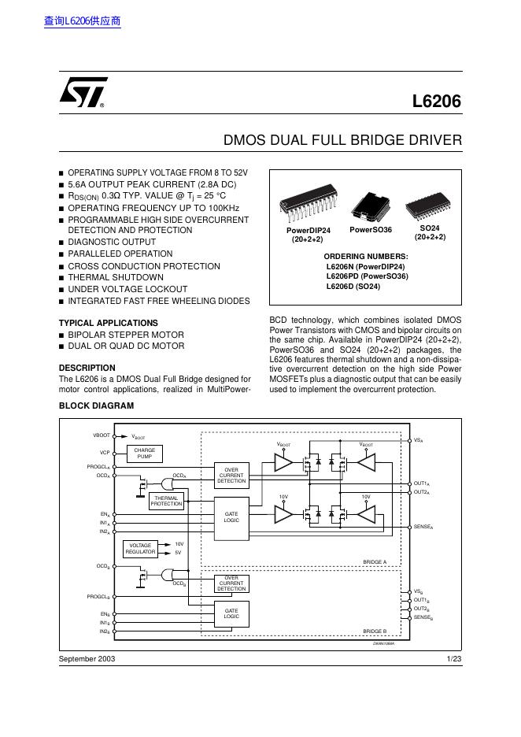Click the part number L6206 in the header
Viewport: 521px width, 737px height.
(x=437, y=102)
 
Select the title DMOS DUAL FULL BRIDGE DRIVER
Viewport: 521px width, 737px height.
(x=342, y=141)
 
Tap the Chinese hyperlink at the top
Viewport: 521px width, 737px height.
(x=83, y=21)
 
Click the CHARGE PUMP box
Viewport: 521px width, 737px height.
(x=144, y=454)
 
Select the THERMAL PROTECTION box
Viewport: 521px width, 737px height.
(x=166, y=501)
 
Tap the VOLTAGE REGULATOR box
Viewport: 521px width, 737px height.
(x=142, y=548)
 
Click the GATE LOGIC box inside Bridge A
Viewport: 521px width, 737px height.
(x=231, y=517)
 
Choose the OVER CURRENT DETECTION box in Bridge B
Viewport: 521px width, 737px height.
(x=231, y=583)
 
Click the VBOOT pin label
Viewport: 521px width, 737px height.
(x=102, y=435)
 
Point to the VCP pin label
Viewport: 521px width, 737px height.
(x=105, y=453)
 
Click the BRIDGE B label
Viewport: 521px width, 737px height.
(x=375, y=631)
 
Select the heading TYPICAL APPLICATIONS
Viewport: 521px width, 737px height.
(x=109, y=323)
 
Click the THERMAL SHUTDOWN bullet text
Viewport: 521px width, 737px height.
(x=115, y=277)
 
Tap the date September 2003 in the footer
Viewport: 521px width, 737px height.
(x=87, y=658)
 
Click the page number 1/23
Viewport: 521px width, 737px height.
(x=453, y=658)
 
